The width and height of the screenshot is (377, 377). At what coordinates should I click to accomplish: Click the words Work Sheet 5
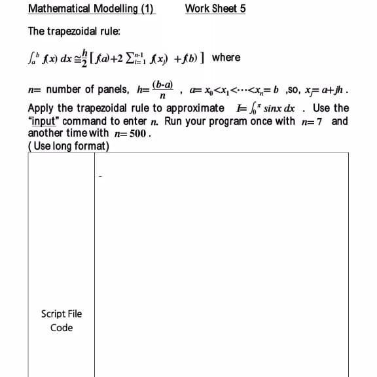[x=215, y=9]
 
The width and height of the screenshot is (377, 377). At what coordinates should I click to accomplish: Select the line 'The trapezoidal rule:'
[x=73, y=31]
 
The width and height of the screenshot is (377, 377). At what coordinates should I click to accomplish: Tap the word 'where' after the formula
[x=226, y=58]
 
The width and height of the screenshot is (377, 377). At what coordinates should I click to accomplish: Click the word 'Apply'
[x=41, y=109]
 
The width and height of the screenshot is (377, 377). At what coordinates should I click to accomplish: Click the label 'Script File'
[x=62, y=314]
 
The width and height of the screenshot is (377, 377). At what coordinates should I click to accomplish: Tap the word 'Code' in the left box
[x=62, y=328]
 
